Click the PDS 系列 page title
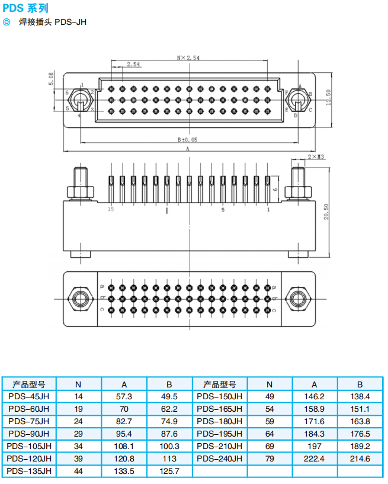tap(25, 8)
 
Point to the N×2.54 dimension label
tap(188, 58)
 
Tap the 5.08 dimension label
tap(51, 79)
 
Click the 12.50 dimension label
tap(327, 95)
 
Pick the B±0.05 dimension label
tap(188, 139)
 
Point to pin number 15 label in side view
tap(110, 210)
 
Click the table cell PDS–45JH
tap(29, 396)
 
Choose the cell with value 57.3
tap(124, 396)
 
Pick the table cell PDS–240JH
tap(220, 459)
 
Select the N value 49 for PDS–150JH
tap(270, 396)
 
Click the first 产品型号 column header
tap(29, 384)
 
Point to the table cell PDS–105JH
tap(29, 446)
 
